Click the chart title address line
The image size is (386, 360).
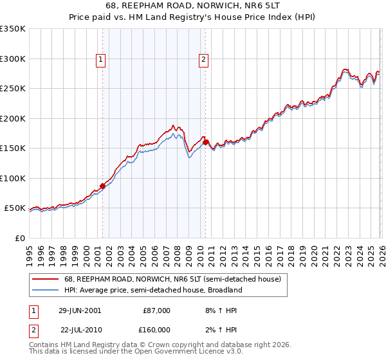tap(193, 5)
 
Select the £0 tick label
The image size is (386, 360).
tap(20, 238)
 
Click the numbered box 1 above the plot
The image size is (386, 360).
tap(102, 60)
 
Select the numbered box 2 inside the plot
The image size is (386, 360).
tap(203, 60)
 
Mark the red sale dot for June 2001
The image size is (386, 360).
tap(102, 186)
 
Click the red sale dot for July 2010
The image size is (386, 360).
tap(205, 142)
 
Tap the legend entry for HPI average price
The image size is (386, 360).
tap(153, 290)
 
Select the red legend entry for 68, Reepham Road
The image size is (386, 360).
tap(172, 280)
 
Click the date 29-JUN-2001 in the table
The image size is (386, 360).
tap(80, 310)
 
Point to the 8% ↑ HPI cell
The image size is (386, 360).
tap(217, 310)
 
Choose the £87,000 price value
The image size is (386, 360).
tap(156, 310)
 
